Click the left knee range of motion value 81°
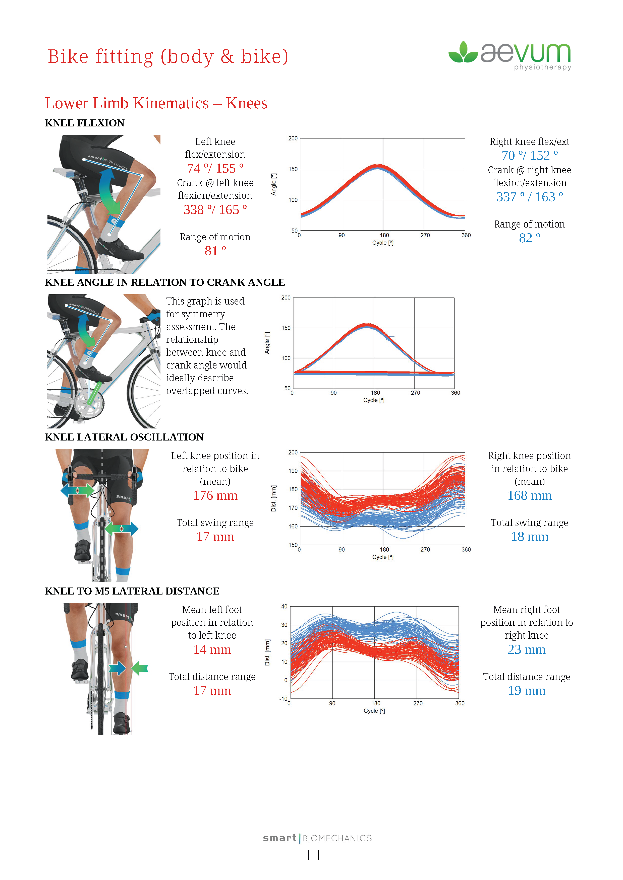coord(215,251)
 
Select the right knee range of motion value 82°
coord(529,238)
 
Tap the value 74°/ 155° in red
coord(215,169)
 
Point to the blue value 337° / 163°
coord(529,197)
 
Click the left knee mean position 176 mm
coord(215,496)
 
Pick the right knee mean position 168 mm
coord(529,496)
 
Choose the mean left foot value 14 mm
coord(212,650)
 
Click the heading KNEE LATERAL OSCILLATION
coord(124,437)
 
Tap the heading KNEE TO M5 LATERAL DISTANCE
coord(132,591)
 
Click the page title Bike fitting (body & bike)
coord(168,57)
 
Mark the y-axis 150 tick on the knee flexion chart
coord(293,169)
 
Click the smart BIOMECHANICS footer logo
coord(317,838)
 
